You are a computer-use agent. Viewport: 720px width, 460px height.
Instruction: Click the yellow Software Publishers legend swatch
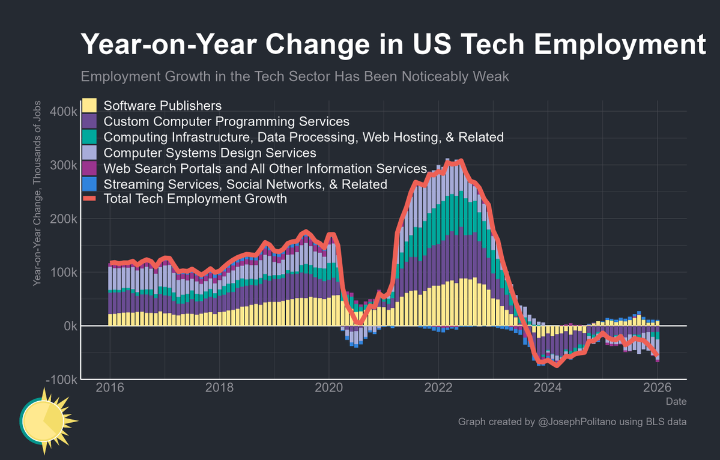click(x=89, y=106)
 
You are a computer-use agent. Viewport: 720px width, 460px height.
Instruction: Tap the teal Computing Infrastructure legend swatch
click(x=89, y=137)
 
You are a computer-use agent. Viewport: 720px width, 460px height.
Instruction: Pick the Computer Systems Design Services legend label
click(x=210, y=153)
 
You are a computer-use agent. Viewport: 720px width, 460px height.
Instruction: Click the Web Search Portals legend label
click(x=265, y=168)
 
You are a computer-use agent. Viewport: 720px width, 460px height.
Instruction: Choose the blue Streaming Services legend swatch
click(x=89, y=184)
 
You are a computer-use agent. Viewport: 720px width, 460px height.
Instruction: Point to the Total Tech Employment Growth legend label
click(x=195, y=199)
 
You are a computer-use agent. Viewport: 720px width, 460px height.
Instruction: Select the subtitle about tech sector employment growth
click(x=295, y=76)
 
